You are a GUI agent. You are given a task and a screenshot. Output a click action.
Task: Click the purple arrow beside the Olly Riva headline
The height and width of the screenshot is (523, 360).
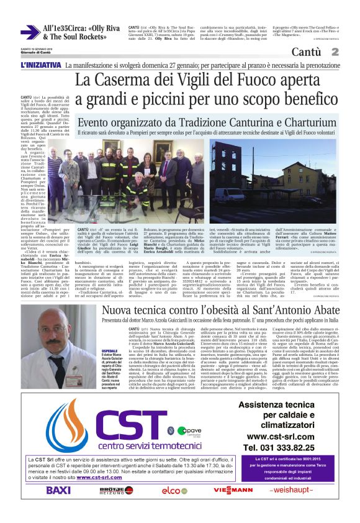pyautogui.click(x=29, y=33)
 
